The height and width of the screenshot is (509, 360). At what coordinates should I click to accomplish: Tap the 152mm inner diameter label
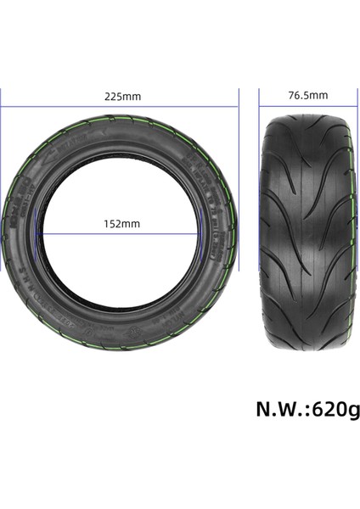pyautogui.click(x=121, y=223)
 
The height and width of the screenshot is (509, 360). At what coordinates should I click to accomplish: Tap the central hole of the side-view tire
pyautogui.click(x=121, y=246)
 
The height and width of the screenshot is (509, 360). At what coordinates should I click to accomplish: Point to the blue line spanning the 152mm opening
pyautogui.click(x=121, y=234)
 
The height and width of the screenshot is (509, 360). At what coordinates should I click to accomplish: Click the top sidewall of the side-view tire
pyautogui.click(x=121, y=139)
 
